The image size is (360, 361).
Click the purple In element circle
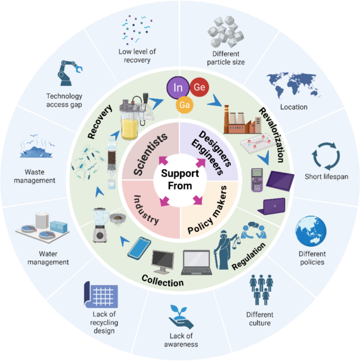[x=178, y=87]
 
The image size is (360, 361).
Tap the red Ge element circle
[x=199, y=87]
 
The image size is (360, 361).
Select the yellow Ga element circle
[x=184, y=105]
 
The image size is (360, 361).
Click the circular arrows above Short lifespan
[x=326, y=156]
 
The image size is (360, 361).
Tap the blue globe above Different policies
[x=311, y=231]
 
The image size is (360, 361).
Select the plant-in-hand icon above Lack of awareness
[x=181, y=317]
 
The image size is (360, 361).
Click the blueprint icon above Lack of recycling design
[x=101, y=295]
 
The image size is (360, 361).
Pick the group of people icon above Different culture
[x=261, y=290]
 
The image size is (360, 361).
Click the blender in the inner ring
[x=101, y=225]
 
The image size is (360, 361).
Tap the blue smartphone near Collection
[x=139, y=249]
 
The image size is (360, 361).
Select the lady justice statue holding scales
[x=225, y=250]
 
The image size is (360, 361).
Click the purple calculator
[x=257, y=180]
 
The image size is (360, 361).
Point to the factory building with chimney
[x=242, y=120]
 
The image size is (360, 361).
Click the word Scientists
[x=150, y=154]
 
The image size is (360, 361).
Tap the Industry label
[x=146, y=210]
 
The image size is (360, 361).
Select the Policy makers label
[x=207, y=210]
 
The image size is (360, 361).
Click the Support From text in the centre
[x=180, y=180]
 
